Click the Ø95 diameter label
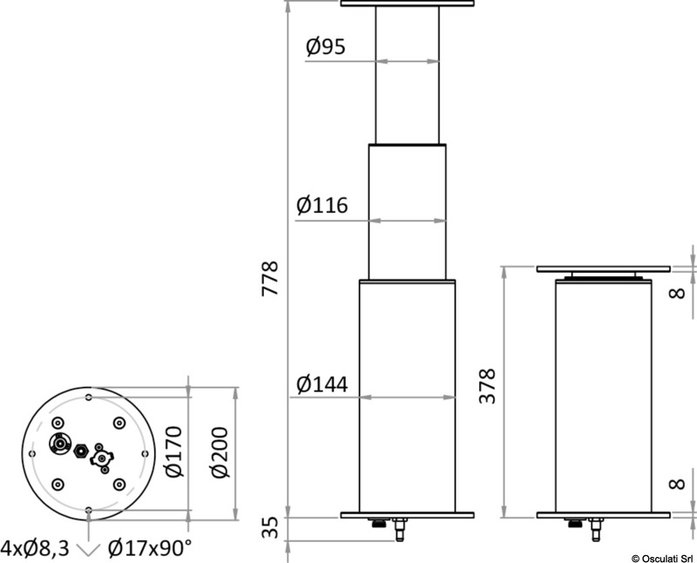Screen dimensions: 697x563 tap(325, 46)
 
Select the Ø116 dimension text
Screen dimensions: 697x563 tap(322, 205)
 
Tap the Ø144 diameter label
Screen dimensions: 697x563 tap(322, 384)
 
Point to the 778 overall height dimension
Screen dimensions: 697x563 tap(270, 278)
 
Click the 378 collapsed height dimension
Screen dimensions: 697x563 tap(487, 386)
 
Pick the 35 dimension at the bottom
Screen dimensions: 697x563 tap(270, 527)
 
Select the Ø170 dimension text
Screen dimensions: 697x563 tap(174, 451)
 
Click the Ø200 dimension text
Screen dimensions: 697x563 tap(220, 452)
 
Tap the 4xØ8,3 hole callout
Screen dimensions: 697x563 tap(35, 549)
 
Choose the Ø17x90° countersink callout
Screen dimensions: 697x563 tap(150, 548)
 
